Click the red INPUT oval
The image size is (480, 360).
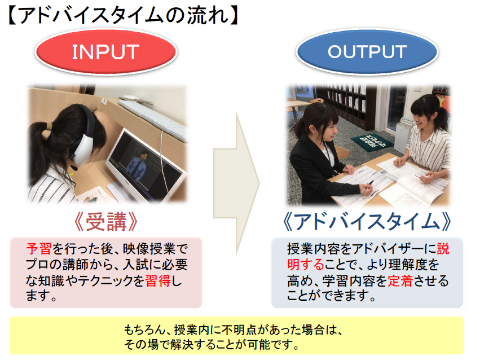(106, 51)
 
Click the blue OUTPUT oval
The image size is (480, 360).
(367, 51)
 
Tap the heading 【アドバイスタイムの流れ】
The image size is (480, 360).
(122, 15)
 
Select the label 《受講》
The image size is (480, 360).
(105, 222)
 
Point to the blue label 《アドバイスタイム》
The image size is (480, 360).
(367, 222)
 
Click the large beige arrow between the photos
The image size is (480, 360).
(236, 183)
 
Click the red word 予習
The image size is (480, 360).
(38, 249)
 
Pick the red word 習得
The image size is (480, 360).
(158, 280)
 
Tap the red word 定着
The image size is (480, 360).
(400, 280)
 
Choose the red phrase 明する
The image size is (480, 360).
(306, 265)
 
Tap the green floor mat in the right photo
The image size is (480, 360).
(372, 142)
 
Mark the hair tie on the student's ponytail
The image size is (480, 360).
(49, 125)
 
